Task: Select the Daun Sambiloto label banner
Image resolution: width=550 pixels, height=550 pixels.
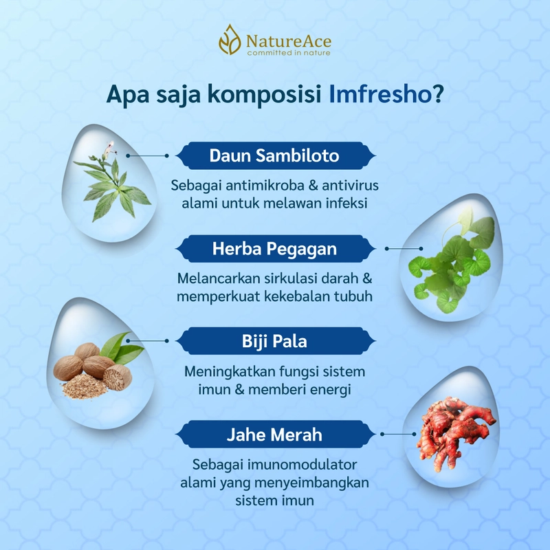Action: click(x=274, y=156)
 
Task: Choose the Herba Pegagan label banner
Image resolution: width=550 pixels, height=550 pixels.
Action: click(x=274, y=248)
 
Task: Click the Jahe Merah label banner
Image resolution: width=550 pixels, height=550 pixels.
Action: click(x=274, y=434)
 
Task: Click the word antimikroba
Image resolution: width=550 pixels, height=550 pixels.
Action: click(x=258, y=186)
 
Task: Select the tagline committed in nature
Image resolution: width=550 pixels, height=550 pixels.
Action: click(x=289, y=53)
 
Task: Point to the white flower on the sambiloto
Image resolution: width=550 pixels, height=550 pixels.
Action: click(x=109, y=145)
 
